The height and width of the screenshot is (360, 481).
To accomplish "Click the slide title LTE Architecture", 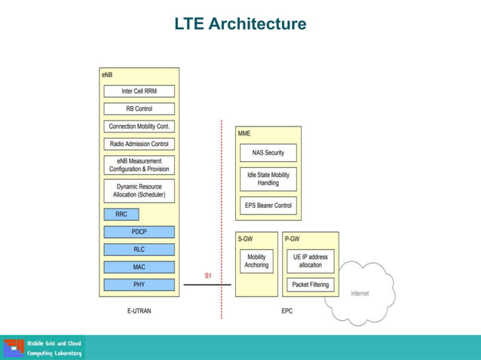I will pos(240,25).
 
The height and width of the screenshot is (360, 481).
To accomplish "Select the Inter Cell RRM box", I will pos(139,91).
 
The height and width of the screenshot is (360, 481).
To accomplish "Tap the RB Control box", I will pos(139,108).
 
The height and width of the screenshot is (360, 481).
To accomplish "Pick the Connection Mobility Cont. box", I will pos(139,127).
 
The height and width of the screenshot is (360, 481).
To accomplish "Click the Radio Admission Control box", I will pos(139,144).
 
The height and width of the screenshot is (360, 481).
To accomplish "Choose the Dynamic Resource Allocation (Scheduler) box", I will pos(139,191).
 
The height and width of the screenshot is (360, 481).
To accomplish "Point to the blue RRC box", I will pos(121,214).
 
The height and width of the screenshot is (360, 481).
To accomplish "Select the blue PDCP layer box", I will pos(139,232).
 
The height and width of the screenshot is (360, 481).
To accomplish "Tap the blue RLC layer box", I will pos(139,249).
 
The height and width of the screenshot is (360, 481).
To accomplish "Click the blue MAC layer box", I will pos(139,267).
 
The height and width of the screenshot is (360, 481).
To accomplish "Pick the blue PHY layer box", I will pos(139,285).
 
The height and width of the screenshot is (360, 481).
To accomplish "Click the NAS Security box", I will pos(268,153).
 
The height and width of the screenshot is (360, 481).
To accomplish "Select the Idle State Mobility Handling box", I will pos(268,178).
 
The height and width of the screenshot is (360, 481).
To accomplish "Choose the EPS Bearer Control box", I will pos(268,205).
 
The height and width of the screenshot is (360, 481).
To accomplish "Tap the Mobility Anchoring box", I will pos(256,261).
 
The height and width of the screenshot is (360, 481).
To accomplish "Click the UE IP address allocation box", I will pos(310,261).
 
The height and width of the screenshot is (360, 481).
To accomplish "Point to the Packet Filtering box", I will pos(310,285).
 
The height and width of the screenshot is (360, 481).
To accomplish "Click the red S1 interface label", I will pos(208,276).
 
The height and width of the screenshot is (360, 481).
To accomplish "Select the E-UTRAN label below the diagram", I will pos(139,310).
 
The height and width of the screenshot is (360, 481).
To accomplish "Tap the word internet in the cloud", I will pos(360,294).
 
